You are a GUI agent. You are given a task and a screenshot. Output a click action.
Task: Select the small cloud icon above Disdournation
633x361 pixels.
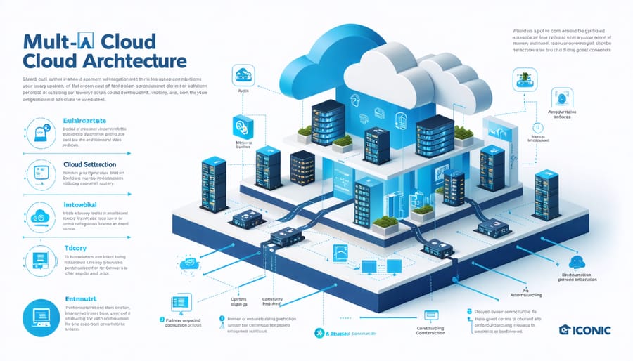click(x=577, y=261)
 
